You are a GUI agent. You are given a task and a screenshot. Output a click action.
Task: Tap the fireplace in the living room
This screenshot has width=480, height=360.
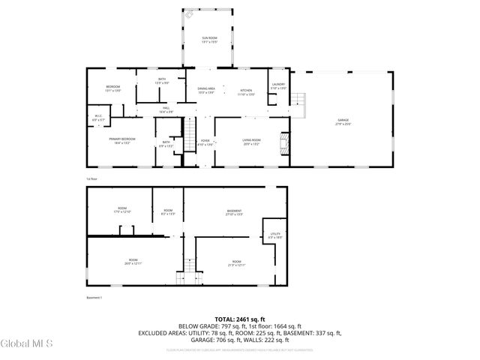(x=283, y=142)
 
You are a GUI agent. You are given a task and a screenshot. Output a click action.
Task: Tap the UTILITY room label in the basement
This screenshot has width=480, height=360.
(x=274, y=235)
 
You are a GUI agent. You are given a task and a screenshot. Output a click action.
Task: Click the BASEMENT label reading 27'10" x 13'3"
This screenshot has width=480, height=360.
(x=235, y=213)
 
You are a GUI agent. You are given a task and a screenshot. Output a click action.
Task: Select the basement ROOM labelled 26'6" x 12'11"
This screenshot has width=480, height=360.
(x=133, y=262)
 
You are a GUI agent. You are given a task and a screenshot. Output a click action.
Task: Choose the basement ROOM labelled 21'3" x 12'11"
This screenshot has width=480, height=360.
(x=236, y=262)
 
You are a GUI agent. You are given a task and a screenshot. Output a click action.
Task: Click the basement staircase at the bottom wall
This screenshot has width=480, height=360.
(x=180, y=278)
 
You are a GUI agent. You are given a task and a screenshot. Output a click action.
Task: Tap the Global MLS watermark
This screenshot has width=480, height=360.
(x=27, y=344)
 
